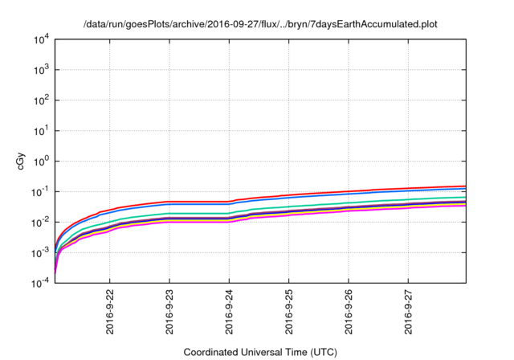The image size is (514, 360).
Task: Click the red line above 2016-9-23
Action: tap(169, 202)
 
